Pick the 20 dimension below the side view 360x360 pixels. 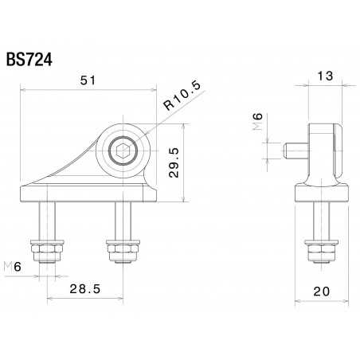(x=322, y=291)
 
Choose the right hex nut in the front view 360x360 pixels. (x=122, y=252)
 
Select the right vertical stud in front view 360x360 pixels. (x=122, y=219)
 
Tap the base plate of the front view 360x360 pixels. (x=88, y=192)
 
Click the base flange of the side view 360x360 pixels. (x=322, y=192)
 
